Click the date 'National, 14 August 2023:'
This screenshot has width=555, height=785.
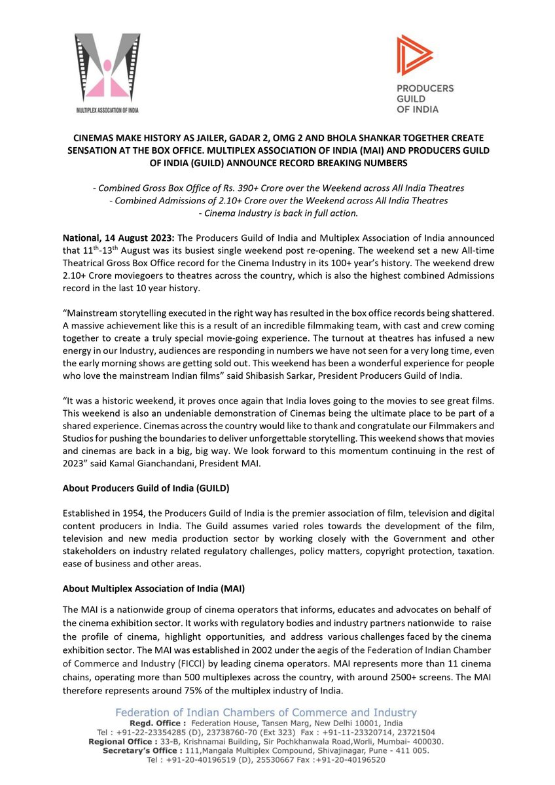click(115, 238)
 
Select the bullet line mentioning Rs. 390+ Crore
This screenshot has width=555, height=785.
click(277, 188)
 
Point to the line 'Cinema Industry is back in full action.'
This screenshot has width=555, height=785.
click(277, 212)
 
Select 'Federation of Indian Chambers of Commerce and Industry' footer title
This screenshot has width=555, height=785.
click(266, 712)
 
